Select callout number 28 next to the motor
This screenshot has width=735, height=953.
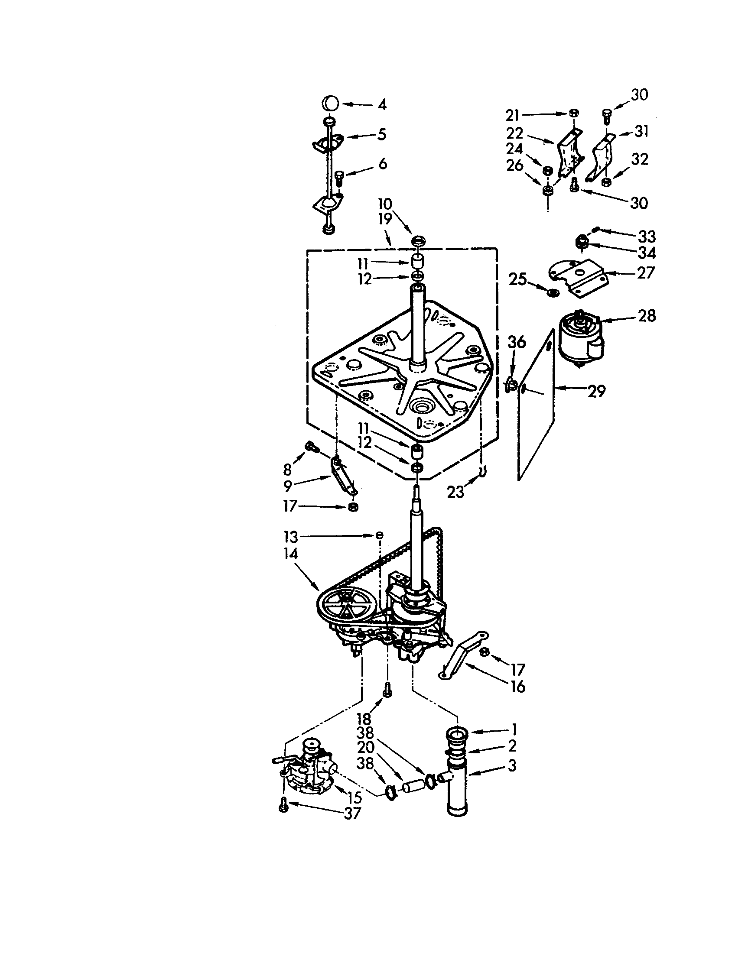click(647, 316)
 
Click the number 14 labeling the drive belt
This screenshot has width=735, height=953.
click(290, 554)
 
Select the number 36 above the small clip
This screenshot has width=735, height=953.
click(516, 342)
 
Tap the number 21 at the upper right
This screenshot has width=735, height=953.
click(512, 115)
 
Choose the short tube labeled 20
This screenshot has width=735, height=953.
click(412, 787)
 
